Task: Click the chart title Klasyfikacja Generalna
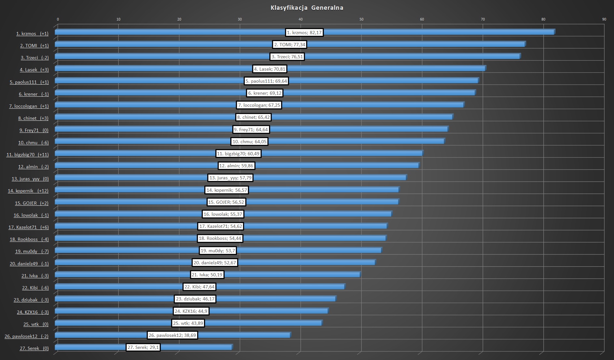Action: (307, 8)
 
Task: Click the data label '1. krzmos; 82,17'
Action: (304, 33)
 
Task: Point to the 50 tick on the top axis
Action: (361, 19)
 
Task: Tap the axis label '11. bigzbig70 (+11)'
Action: (28, 155)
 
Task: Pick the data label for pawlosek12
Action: (172, 335)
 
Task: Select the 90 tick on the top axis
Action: (604, 19)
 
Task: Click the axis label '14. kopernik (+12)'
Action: (28, 191)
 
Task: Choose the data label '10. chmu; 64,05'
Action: (249, 142)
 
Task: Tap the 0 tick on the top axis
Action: (58, 19)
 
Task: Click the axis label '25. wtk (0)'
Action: (36, 324)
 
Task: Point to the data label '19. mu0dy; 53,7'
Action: (218, 251)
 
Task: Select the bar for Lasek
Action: (374, 69)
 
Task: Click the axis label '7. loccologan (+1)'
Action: (29, 106)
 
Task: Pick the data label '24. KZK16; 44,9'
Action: (191, 311)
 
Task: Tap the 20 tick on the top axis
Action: (179, 19)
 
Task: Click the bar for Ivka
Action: (293, 275)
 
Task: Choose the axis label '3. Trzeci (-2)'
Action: (35, 58)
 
